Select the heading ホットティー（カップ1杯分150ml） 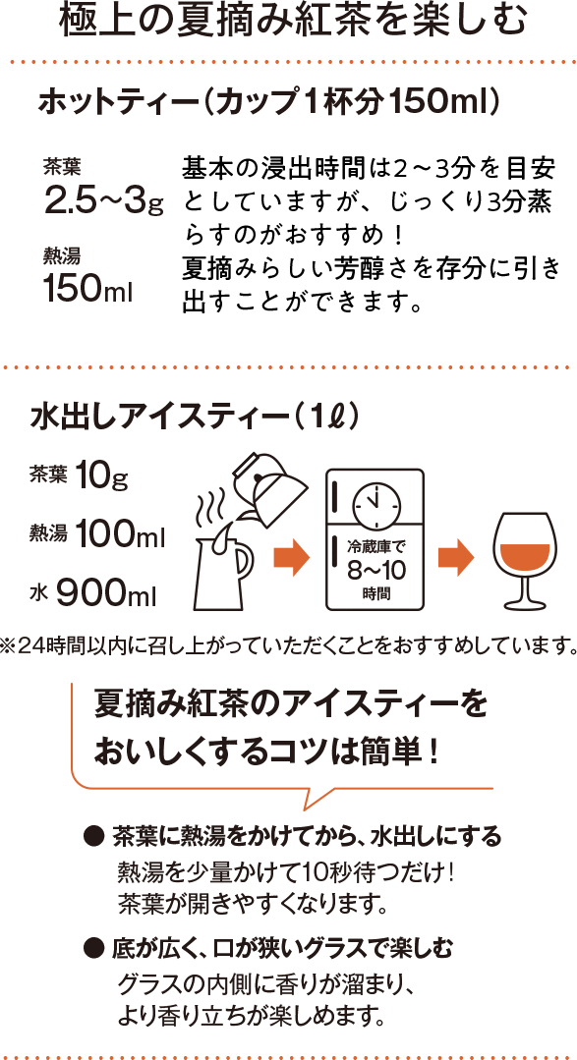tap(269, 103)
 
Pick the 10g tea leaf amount tap(101, 477)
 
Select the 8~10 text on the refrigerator tap(375, 570)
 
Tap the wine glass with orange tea tap(526, 561)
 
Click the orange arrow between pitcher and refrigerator tap(292, 558)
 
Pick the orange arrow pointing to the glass tap(456, 558)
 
